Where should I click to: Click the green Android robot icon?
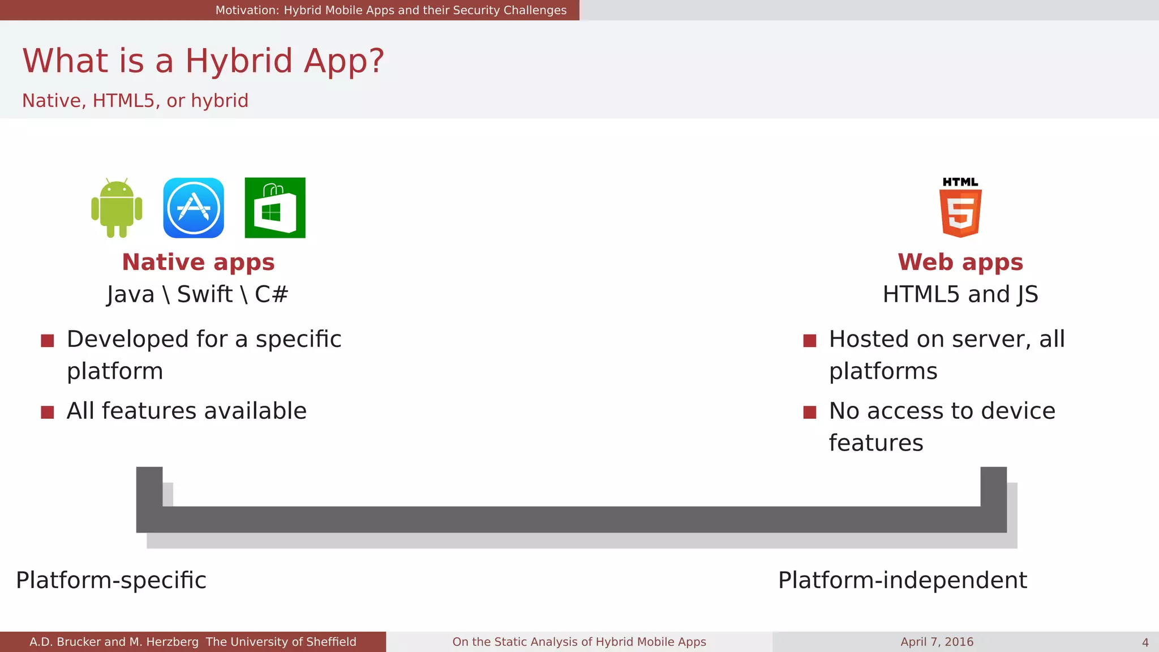pyautogui.click(x=117, y=208)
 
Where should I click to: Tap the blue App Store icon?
pyautogui.click(x=194, y=208)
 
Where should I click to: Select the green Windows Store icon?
pyautogui.click(x=275, y=208)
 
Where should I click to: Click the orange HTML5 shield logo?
pyautogui.click(x=960, y=212)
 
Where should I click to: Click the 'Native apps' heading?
pyautogui.click(x=198, y=262)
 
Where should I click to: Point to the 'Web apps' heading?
pyautogui.click(x=960, y=262)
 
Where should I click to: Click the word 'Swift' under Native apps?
pyautogui.click(x=204, y=294)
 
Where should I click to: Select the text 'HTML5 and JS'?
pyautogui.click(x=960, y=294)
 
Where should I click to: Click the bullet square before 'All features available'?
pyautogui.click(x=48, y=412)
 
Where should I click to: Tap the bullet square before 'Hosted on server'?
pyautogui.click(x=810, y=340)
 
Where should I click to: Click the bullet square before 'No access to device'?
pyautogui.click(x=810, y=412)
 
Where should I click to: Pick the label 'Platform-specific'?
pyautogui.click(x=111, y=580)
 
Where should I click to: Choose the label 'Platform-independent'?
pyautogui.click(x=902, y=580)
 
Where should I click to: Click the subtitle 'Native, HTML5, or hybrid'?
pyautogui.click(x=135, y=101)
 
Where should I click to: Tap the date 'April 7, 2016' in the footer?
pyautogui.click(x=937, y=642)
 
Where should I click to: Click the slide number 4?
pyautogui.click(x=1145, y=642)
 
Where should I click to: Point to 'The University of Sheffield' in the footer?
pyautogui.click(x=281, y=642)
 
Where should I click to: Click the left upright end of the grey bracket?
pyautogui.click(x=149, y=487)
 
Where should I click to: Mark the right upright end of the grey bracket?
pyautogui.click(x=993, y=487)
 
